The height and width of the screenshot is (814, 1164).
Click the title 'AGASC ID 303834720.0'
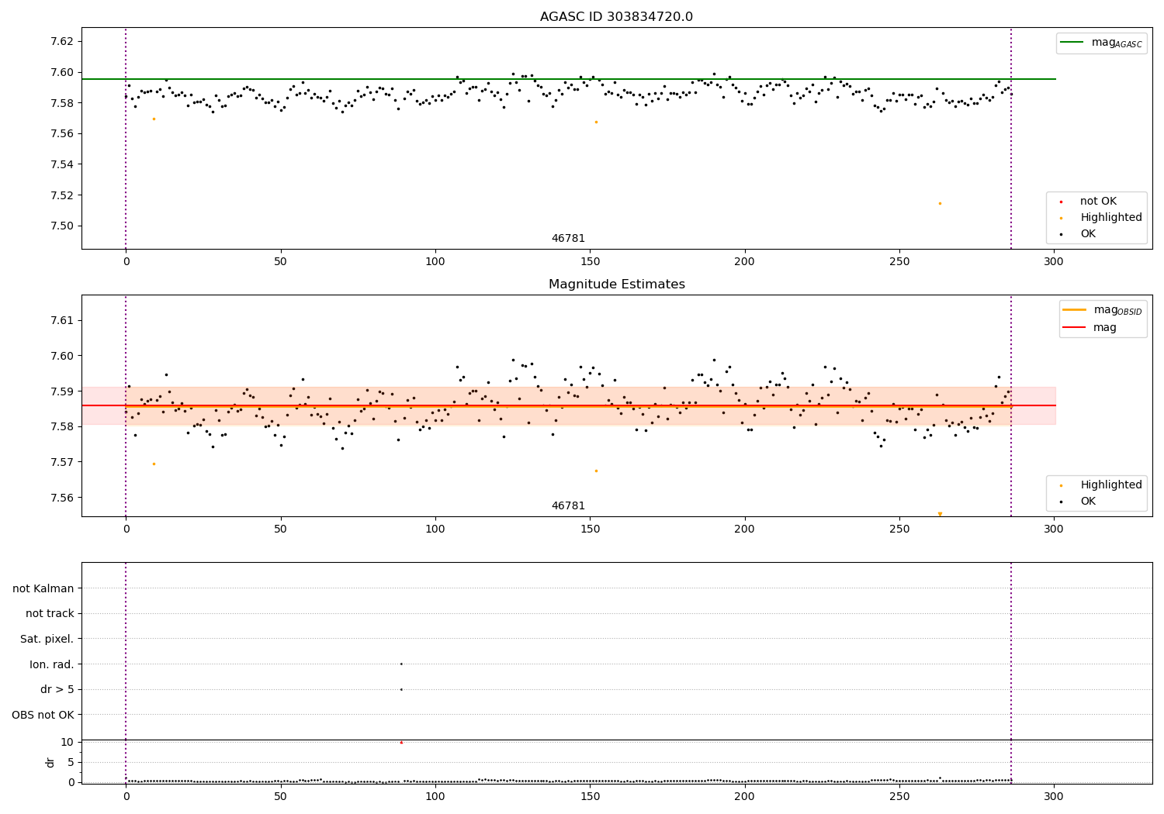[x=616, y=17]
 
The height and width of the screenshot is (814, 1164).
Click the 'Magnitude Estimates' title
[x=616, y=285]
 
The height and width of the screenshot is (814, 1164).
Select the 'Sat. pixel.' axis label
[x=47, y=639]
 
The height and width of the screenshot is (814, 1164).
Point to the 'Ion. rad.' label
[x=52, y=664]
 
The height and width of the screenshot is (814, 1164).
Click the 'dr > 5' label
[x=57, y=689]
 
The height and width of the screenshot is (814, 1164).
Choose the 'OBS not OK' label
[x=43, y=715]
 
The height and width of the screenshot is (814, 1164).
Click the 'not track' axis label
[x=50, y=613]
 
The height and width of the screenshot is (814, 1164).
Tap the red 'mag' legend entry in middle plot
[x=1104, y=327]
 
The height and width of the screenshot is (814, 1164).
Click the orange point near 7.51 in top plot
[x=940, y=203]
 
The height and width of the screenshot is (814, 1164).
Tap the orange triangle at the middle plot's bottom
[x=940, y=514]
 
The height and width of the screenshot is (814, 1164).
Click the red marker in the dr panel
[x=401, y=743]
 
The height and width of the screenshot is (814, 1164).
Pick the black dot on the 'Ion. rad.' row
[x=401, y=664]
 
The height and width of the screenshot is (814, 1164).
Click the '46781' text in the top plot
[x=568, y=239]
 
